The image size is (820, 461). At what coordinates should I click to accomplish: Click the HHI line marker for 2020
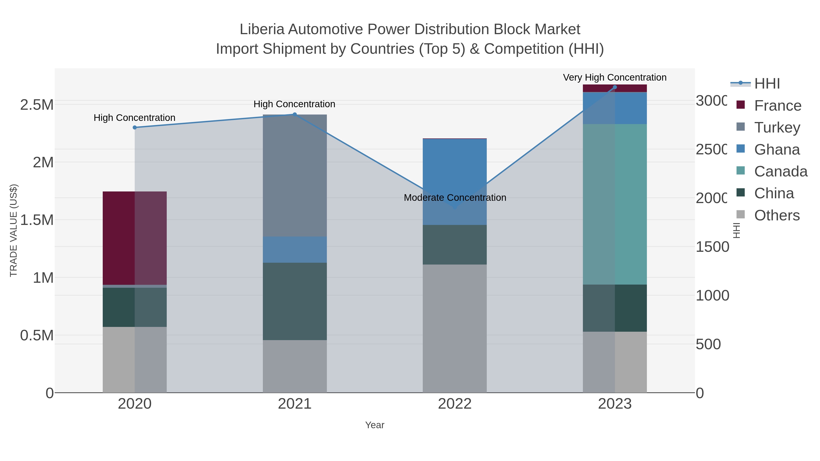135,127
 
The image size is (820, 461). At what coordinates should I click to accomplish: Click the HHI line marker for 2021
295,115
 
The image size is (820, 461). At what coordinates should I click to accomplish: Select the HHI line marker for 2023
615,87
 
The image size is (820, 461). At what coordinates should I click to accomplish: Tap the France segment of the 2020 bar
135,238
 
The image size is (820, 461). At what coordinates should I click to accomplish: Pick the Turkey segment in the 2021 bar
295,175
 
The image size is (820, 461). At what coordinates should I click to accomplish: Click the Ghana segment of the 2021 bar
295,250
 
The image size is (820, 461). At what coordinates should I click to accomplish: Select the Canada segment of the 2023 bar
615,204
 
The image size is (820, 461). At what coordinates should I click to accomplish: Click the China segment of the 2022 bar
455,245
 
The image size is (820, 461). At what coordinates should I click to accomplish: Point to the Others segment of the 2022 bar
455,328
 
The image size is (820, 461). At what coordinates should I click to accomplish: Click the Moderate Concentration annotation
455,198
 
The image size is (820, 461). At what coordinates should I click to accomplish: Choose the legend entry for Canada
781,171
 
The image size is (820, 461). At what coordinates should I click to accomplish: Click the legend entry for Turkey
777,127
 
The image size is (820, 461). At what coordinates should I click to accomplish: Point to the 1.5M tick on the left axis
37,220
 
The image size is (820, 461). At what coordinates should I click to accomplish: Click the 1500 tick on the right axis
712,247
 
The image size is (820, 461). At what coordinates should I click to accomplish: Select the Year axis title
375,425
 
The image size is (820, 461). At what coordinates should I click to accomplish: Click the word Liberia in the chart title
262,29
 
